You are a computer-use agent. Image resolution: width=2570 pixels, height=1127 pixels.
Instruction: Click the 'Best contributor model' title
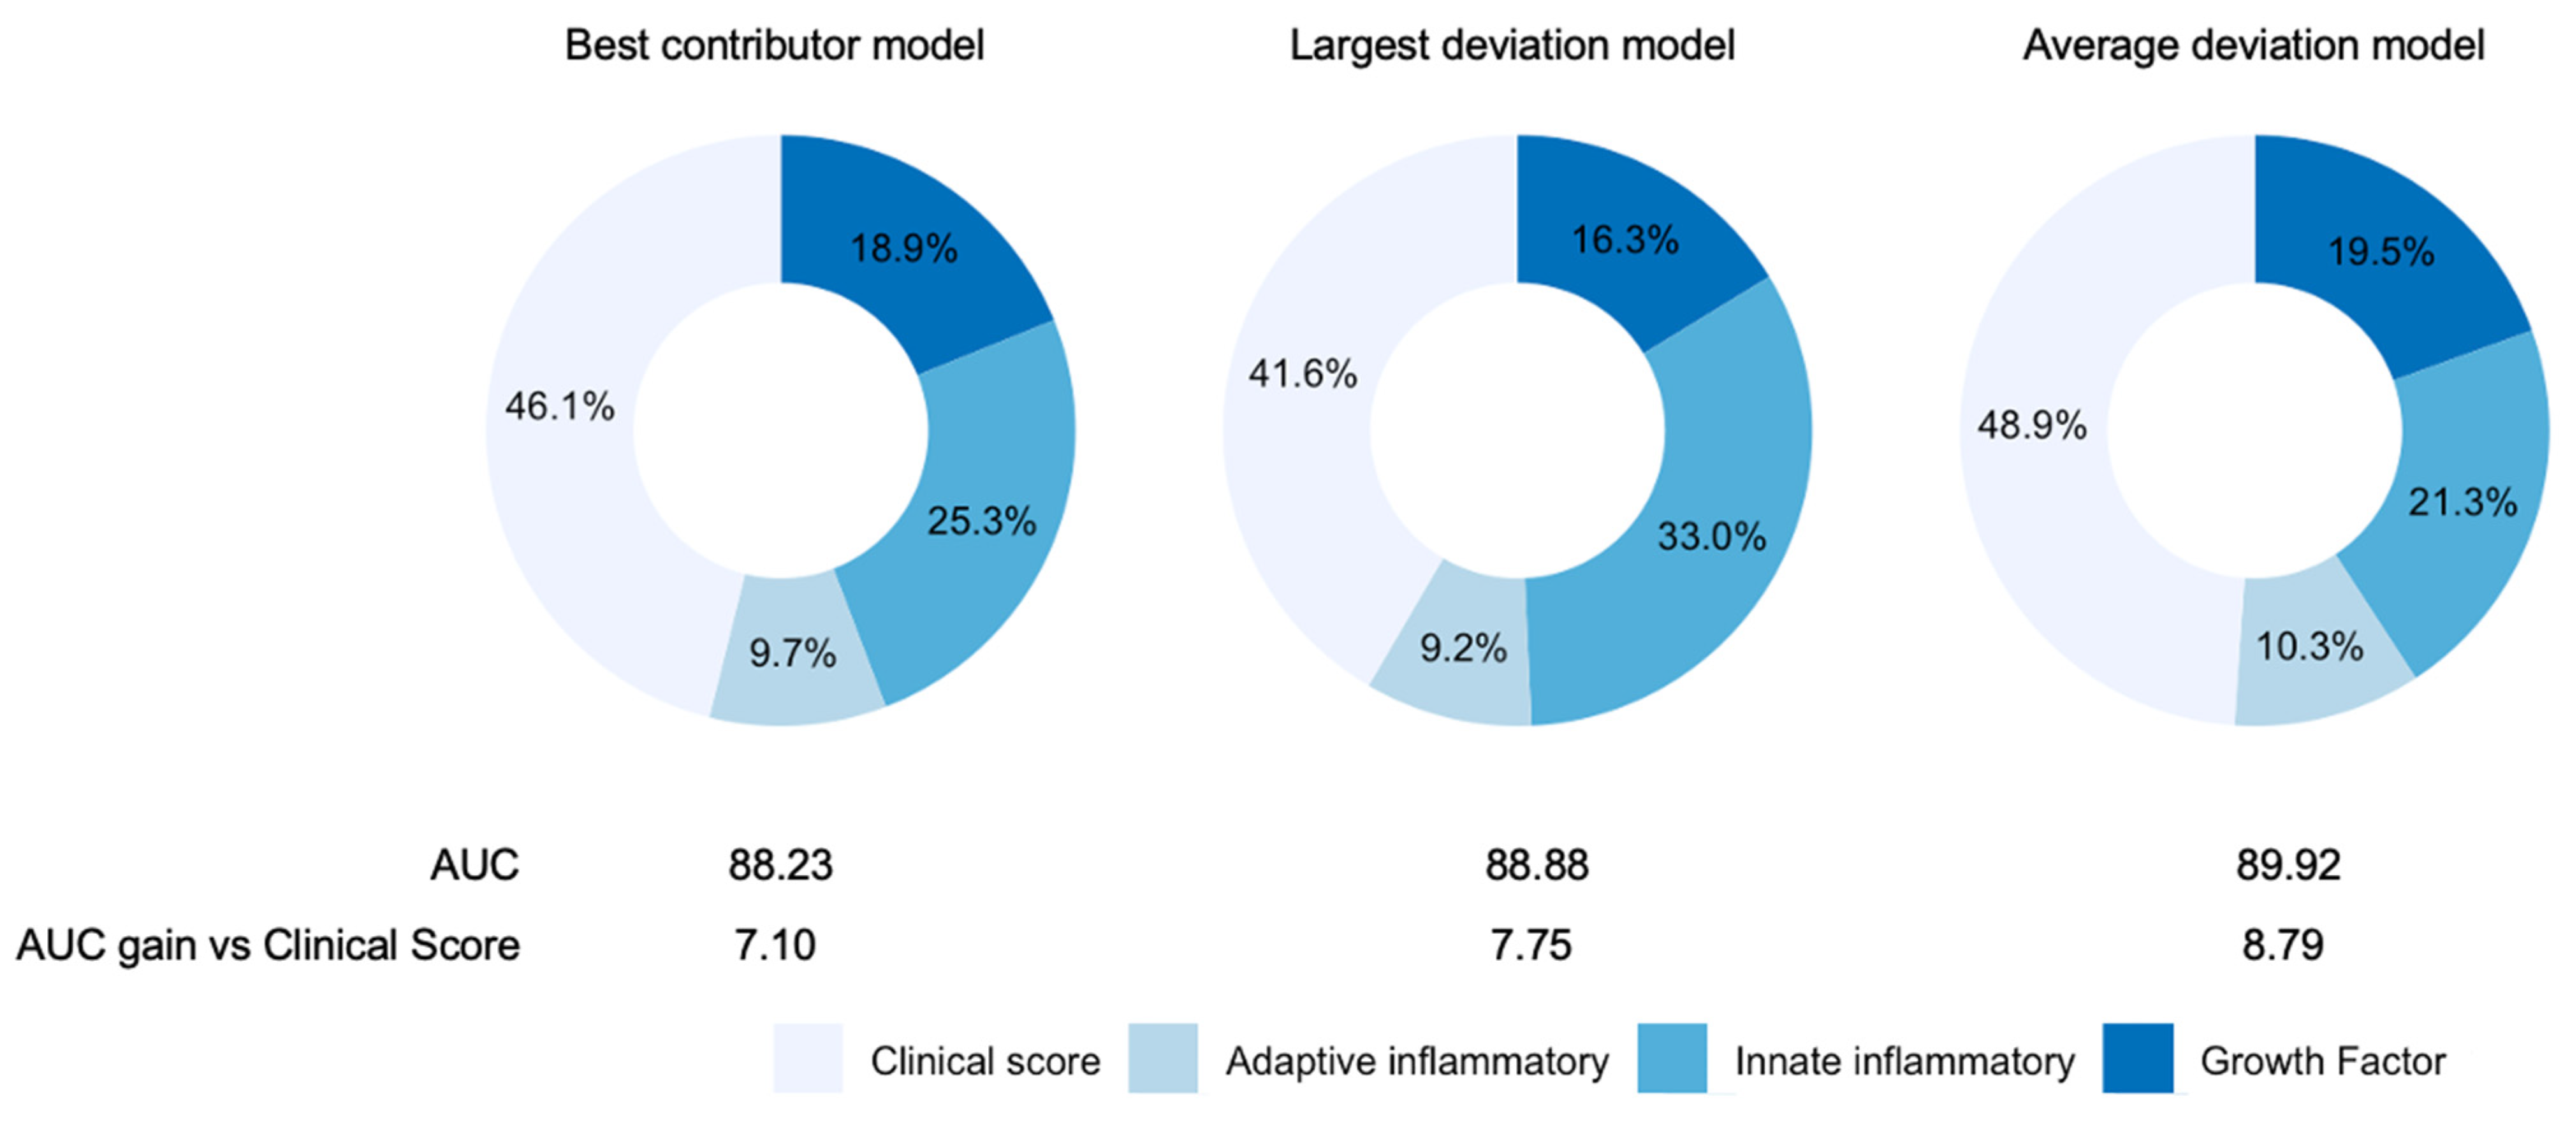774,46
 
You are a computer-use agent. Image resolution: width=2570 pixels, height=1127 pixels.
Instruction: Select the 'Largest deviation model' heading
1512,46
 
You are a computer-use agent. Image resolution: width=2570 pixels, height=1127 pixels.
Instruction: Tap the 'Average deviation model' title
2252,46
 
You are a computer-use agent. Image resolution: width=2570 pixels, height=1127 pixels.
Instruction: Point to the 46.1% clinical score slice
559,407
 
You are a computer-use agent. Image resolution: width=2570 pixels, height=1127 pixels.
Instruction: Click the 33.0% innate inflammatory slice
1712,537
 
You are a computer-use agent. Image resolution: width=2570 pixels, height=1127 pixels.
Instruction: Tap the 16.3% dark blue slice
1625,240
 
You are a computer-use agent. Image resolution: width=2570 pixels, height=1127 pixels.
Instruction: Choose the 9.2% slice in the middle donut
1463,648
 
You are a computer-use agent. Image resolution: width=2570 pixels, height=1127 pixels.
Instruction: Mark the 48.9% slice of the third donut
2031,426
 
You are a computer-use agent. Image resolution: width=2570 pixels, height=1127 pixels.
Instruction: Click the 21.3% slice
2462,502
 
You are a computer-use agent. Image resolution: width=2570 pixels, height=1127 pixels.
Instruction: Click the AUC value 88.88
1537,865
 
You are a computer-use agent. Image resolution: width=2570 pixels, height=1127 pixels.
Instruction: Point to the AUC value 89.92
2288,865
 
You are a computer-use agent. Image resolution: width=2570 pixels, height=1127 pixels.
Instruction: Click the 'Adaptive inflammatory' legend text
1417,1061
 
